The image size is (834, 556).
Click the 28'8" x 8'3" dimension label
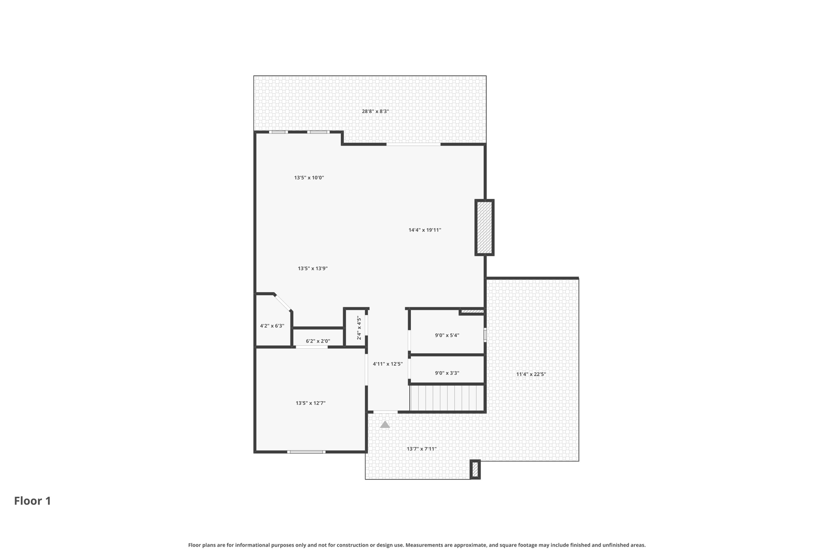375,111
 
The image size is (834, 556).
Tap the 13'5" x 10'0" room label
309,178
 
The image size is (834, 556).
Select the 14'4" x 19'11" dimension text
425,230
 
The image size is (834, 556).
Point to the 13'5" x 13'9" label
313,268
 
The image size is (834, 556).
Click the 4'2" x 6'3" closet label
272,326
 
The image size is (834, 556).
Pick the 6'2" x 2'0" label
318,341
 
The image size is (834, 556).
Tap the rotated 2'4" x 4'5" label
359,328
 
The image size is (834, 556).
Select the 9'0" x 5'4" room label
447,335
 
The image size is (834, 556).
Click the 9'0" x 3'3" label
447,373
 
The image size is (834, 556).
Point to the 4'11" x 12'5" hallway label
388,364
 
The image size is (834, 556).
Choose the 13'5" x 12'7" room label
311,403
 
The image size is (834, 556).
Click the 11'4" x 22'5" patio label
531,374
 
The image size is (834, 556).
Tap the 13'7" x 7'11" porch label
421,449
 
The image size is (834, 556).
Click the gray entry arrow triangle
385,424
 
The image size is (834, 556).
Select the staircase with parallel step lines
447,398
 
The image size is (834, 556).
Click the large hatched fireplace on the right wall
485,228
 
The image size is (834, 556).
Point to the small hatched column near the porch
475,470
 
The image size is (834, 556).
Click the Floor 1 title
33,501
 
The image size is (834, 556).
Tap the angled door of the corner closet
283,303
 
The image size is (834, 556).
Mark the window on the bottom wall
306,452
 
